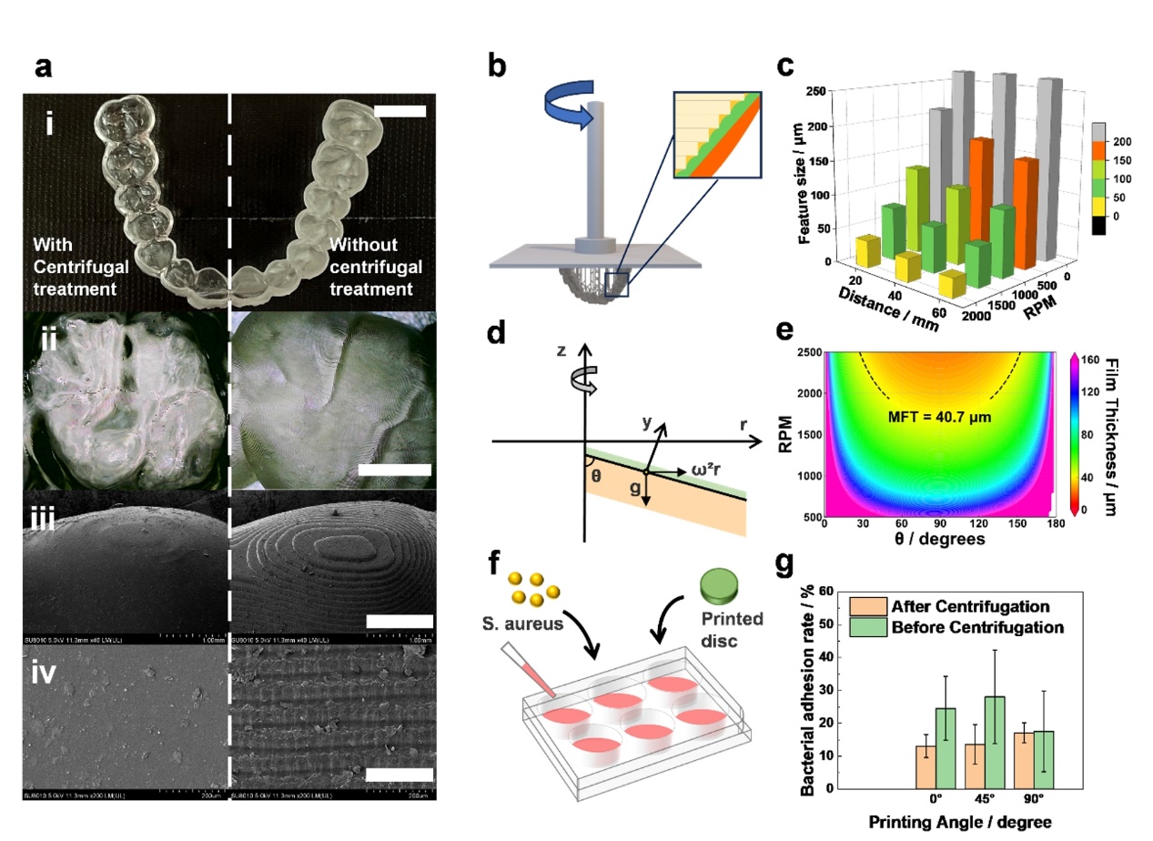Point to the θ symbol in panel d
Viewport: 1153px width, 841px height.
point(596,478)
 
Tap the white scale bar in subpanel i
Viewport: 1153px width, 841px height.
point(400,111)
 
